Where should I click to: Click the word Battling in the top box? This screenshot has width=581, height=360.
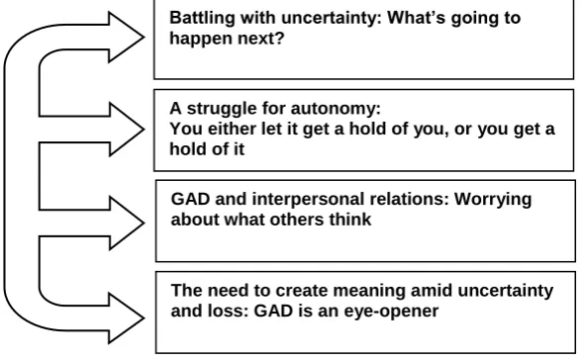202,19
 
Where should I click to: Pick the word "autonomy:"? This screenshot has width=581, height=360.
336,109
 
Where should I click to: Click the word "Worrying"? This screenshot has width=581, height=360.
493,200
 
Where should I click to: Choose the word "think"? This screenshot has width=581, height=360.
350,220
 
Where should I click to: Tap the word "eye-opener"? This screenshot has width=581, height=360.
391,312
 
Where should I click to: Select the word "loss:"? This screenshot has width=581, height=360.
228,312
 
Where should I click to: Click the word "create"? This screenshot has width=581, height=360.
299,291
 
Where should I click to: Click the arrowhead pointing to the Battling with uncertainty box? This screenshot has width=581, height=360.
126,37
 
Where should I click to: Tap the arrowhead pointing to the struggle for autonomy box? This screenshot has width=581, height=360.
126,130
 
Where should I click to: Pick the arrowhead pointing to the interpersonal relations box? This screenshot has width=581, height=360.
126,223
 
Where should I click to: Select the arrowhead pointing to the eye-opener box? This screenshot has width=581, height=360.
126,318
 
